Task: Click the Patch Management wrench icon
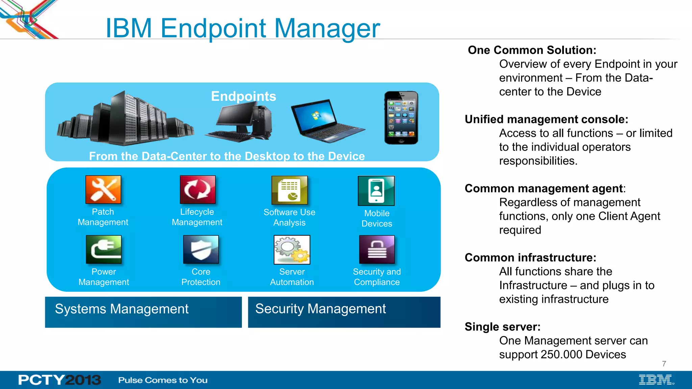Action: coord(103,189)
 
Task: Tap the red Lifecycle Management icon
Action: coord(197,189)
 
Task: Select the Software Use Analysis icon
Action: coord(290,190)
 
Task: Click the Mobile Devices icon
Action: coord(376,191)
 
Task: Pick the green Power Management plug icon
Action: coord(103,250)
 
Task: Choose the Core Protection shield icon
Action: coord(201,250)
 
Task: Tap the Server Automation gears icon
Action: coord(292,250)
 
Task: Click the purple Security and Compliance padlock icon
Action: coord(377,250)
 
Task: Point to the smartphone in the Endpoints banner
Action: coord(401,118)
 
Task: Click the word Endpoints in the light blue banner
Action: coord(243,96)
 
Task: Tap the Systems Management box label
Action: coord(122,309)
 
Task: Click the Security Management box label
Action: coord(320,309)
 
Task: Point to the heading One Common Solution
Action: coord(532,50)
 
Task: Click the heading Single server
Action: coord(502,327)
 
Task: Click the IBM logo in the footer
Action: coord(656,380)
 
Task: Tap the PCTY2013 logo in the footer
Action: coord(59,380)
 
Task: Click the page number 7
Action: coord(664,364)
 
